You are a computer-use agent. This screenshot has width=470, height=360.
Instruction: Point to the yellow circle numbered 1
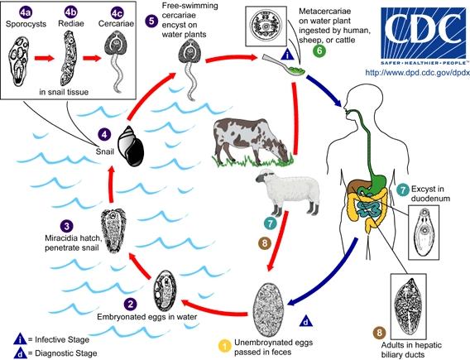pyautogui.click(x=223, y=345)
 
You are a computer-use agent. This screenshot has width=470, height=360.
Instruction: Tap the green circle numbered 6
pyautogui.click(x=320, y=50)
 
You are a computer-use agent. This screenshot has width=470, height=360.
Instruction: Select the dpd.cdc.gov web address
pyautogui.click(x=412, y=73)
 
